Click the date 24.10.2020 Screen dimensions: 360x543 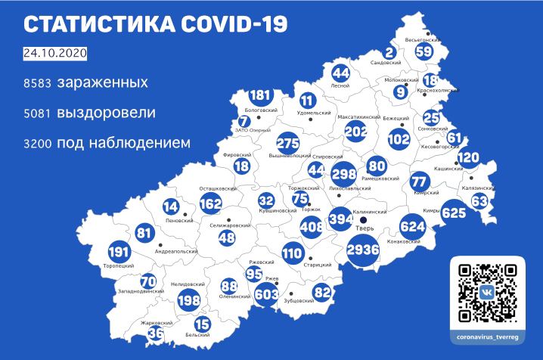click(55, 54)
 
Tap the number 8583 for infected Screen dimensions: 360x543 click(37, 82)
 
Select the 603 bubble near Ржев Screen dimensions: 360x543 click(265, 293)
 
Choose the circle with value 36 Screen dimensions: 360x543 click(156, 332)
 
